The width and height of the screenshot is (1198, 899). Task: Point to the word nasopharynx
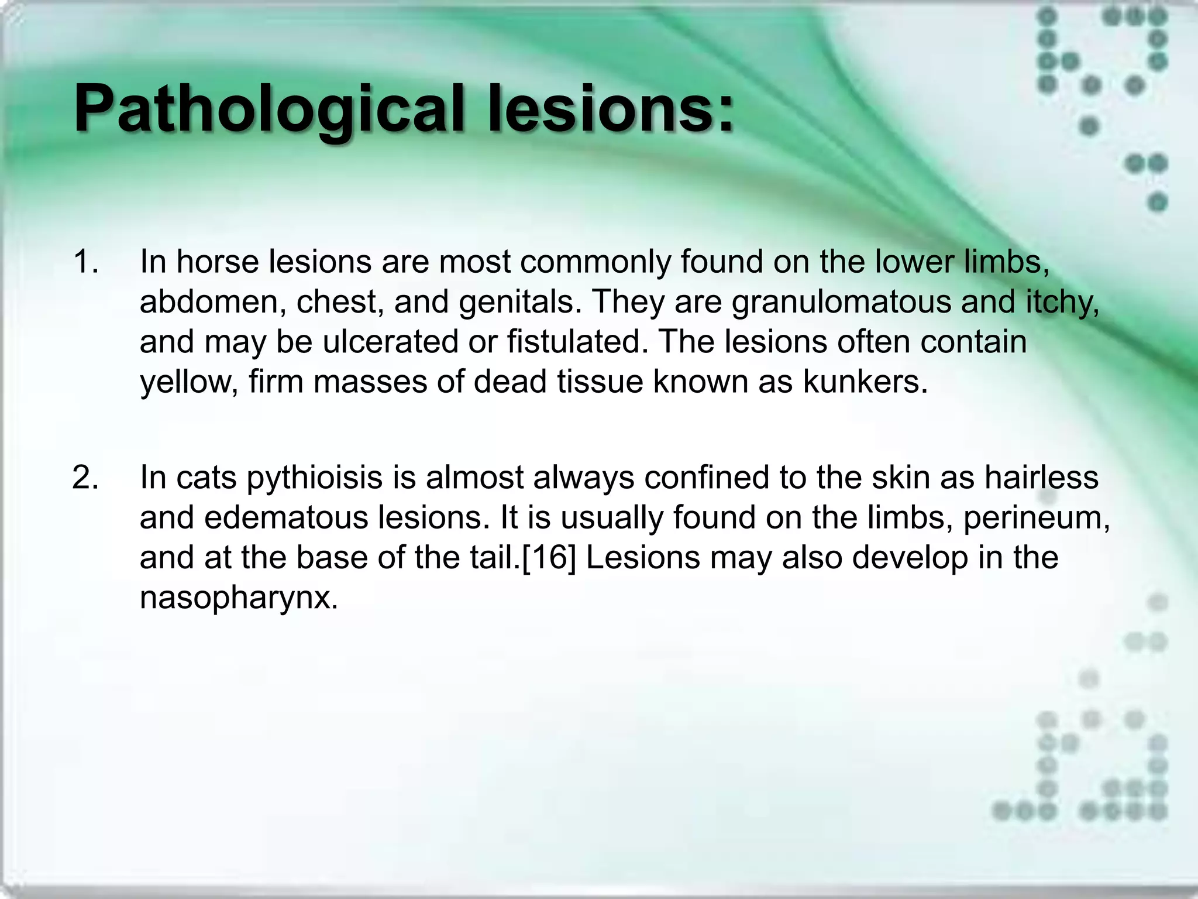click(x=239, y=598)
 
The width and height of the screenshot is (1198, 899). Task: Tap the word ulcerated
click(x=390, y=341)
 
